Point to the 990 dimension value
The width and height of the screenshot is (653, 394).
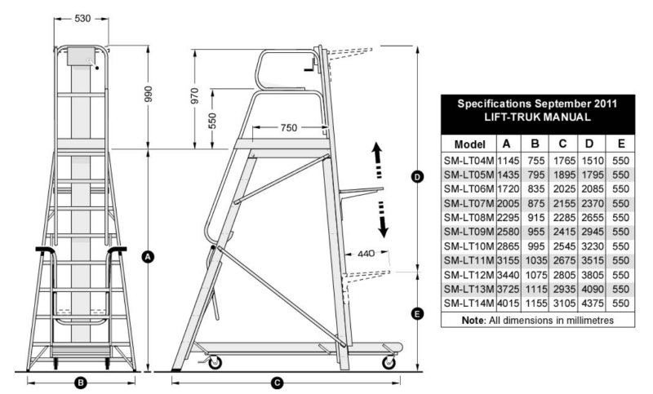[148, 95]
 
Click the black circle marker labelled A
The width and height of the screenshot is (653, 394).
[148, 255]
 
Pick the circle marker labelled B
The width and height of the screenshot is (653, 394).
[81, 381]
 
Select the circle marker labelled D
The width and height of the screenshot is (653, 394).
[417, 176]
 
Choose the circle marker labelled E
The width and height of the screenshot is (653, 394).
[417, 312]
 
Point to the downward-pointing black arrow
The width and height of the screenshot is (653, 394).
[380, 221]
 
